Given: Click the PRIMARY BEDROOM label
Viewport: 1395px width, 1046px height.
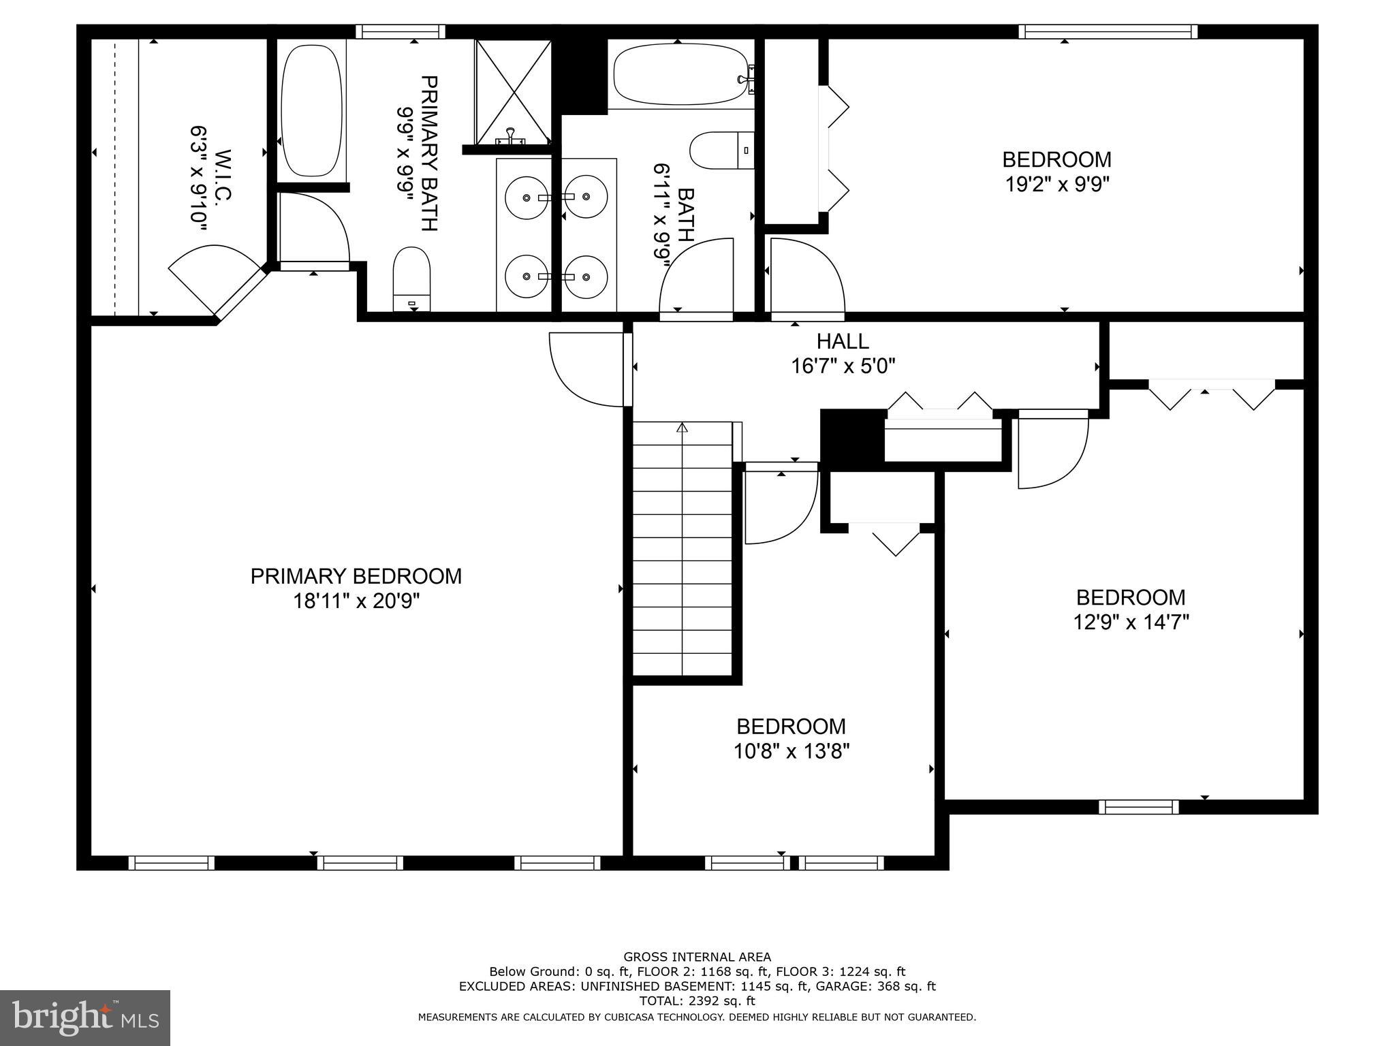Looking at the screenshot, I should [356, 576].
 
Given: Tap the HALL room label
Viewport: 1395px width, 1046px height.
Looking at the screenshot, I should [843, 340].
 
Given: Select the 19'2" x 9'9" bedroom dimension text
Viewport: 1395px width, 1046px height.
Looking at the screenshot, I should [1057, 185].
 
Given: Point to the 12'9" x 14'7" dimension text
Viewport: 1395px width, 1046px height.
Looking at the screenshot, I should [1131, 622].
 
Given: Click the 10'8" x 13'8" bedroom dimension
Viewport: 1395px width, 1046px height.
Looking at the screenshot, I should [791, 752].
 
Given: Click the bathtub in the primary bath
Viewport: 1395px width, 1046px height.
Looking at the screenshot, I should [311, 110].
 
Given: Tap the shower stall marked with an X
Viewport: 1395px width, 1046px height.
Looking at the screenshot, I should [513, 92].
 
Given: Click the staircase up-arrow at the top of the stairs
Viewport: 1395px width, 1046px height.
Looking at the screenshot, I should [682, 428].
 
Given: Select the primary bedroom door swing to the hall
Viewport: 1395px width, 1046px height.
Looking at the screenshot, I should [587, 370].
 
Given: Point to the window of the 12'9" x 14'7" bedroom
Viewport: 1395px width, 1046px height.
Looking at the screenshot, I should [1138, 807].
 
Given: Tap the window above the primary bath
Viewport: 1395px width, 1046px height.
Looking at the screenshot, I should [401, 31].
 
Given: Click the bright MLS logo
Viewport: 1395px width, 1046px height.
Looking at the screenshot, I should [85, 1018].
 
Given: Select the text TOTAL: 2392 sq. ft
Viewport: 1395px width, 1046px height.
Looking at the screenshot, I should [697, 1001].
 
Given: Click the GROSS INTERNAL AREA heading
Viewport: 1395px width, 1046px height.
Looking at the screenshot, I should [697, 957].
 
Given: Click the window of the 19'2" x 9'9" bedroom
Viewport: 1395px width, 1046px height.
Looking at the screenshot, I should [1108, 31].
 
